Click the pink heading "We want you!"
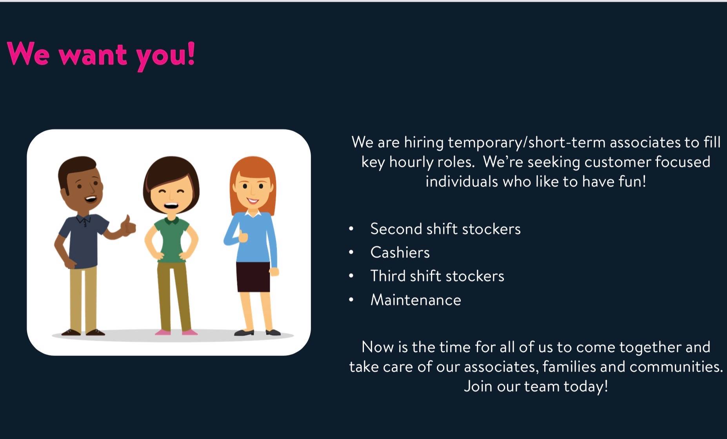[101, 55]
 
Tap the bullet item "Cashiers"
[400, 253]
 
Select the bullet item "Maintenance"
[416, 300]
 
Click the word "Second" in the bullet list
[396, 229]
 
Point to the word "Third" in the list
[388, 276]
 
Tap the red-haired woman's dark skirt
[253, 277]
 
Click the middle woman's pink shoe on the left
[162, 332]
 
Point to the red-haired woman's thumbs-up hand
[243, 235]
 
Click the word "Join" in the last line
[478, 386]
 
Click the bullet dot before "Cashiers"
[351, 252]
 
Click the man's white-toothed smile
[91, 199]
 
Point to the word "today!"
[586, 387]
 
